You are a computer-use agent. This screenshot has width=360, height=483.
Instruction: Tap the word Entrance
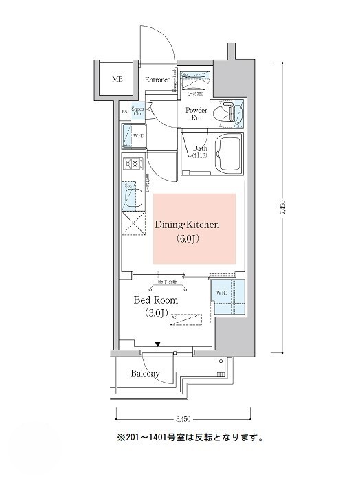pyautogui.click(x=157, y=80)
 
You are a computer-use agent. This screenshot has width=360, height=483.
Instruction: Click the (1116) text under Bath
pyautogui.click(x=200, y=156)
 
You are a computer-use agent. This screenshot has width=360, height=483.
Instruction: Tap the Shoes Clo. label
pyautogui.click(x=138, y=111)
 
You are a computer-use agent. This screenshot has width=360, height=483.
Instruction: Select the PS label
pyautogui.click(x=124, y=111)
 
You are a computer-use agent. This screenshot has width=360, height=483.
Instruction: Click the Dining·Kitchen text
pyautogui.click(x=194, y=225)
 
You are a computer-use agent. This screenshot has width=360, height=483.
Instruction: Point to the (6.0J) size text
pyautogui.click(x=194, y=239)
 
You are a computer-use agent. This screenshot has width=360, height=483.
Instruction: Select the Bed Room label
pyautogui.click(x=156, y=300)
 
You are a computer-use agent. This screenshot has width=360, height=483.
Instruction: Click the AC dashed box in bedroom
pyautogui.click(x=185, y=319)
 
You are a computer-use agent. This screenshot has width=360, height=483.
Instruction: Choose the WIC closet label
pyautogui.click(x=221, y=293)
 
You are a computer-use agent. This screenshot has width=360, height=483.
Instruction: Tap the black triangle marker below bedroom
pyautogui.click(x=157, y=344)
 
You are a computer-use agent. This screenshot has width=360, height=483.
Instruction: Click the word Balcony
pyautogui.click(x=145, y=374)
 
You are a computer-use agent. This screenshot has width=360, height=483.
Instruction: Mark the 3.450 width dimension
pyautogui.click(x=182, y=418)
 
